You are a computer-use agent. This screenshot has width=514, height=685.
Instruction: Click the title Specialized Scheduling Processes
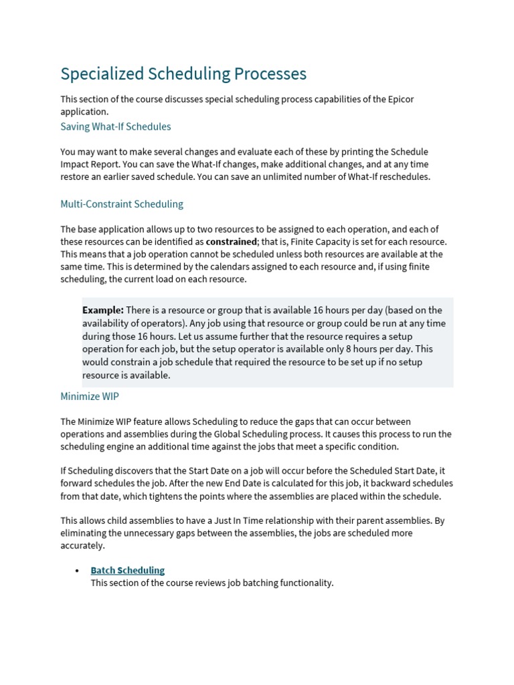[183, 74]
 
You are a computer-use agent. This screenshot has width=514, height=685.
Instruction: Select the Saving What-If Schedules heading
[116, 126]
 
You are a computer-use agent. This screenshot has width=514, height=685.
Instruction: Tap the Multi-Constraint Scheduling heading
[122, 204]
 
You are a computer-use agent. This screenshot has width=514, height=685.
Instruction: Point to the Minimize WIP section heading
[90, 397]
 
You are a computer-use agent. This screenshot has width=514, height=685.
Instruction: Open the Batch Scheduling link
[127, 571]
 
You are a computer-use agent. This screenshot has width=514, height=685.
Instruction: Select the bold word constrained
[231, 241]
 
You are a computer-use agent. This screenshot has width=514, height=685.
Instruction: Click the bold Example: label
[103, 310]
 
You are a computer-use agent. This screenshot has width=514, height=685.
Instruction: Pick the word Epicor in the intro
[400, 100]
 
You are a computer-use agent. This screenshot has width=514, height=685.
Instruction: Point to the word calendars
[224, 267]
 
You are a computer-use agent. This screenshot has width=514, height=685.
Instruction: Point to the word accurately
[82, 546]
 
